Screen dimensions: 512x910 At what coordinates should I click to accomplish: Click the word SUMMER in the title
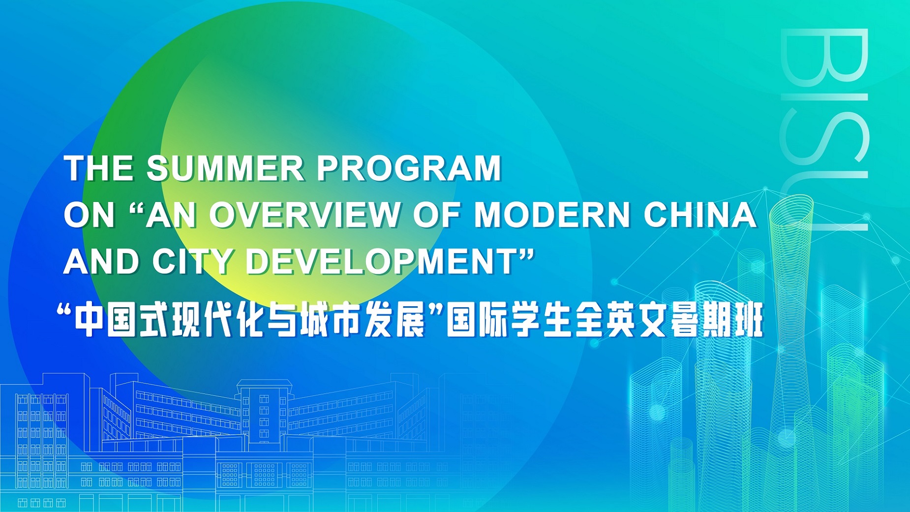point(225,168)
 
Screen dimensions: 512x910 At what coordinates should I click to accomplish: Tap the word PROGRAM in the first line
point(409,168)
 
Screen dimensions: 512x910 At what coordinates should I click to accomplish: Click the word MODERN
point(551,215)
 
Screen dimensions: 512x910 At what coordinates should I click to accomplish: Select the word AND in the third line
point(101,261)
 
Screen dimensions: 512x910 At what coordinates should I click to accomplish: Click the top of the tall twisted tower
point(791,207)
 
